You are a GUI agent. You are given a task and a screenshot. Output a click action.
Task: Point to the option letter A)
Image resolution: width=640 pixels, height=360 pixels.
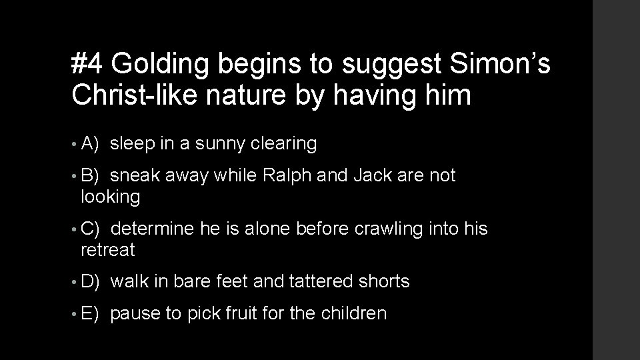point(90,143)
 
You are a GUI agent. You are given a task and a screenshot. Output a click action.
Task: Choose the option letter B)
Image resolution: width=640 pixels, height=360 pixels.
point(90,175)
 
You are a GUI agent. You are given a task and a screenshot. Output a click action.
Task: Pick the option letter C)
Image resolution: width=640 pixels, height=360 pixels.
point(90,229)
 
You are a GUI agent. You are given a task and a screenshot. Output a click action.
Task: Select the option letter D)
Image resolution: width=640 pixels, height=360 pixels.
point(90,282)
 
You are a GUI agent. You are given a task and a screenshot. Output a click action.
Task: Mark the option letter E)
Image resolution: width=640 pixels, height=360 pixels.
point(90,313)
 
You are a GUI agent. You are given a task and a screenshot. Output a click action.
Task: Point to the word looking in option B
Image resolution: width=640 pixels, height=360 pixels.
point(111,197)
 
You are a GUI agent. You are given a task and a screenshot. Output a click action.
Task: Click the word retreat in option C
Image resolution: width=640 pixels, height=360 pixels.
point(107,251)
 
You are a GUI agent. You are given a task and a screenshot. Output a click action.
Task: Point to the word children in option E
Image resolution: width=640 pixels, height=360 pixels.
point(355,313)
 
